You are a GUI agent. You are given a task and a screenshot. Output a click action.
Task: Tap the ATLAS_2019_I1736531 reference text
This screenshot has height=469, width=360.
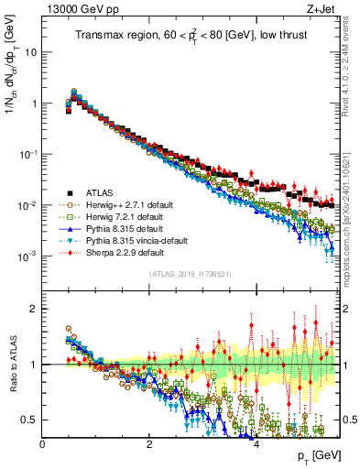pos(189,274)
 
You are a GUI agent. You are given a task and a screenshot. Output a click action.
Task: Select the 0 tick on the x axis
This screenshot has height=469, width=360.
pos(43,444)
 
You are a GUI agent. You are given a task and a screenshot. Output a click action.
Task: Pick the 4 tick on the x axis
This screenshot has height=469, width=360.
pos(256,444)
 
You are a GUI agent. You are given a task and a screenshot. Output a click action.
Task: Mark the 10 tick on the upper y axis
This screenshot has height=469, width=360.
pos(30,52)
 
